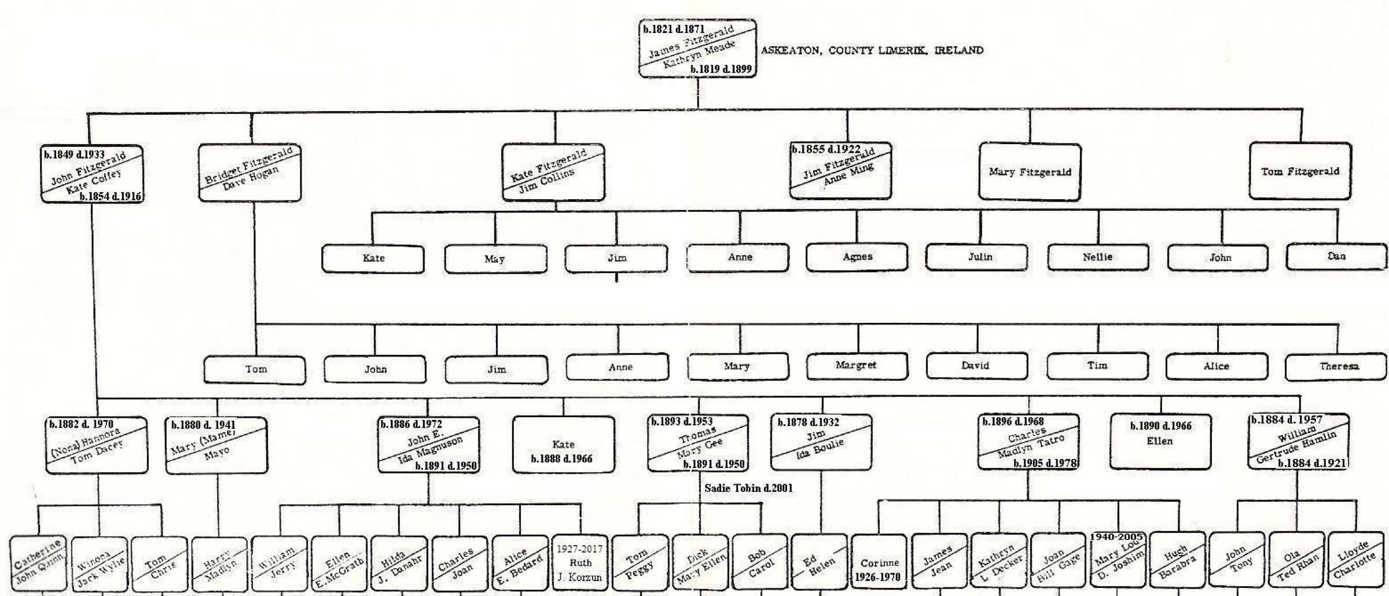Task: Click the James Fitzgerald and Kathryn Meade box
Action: click(x=697, y=49)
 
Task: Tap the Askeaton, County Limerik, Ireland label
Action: click(x=872, y=50)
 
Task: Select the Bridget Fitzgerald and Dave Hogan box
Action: click(x=249, y=172)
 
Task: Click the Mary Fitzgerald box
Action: click(x=1030, y=172)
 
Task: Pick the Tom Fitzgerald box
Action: click(x=1300, y=171)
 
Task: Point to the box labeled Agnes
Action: click(x=857, y=257)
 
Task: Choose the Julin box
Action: click(x=980, y=257)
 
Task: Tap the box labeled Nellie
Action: click(x=1098, y=257)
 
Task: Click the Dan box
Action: click(x=1336, y=256)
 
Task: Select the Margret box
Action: click(x=857, y=365)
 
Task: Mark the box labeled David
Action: click(x=976, y=366)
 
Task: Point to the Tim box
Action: click(x=1097, y=366)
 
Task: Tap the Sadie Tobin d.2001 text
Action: click(x=748, y=488)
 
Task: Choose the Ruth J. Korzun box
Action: click(x=580, y=562)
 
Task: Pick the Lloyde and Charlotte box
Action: click(x=1354, y=561)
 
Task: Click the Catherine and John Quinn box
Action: click(x=38, y=562)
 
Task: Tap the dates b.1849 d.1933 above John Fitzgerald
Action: click(x=74, y=154)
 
